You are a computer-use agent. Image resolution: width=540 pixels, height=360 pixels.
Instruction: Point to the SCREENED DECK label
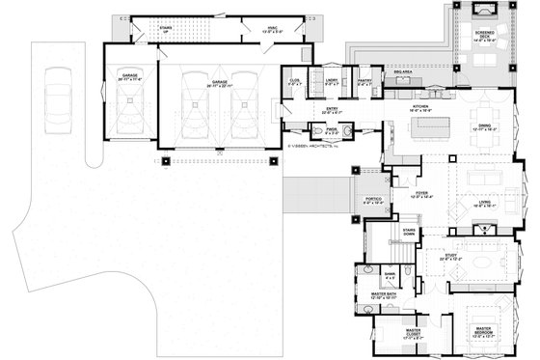click(479, 39)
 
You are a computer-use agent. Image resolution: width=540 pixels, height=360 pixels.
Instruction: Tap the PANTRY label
click(364, 82)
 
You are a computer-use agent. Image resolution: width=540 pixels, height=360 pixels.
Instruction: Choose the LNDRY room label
click(331, 82)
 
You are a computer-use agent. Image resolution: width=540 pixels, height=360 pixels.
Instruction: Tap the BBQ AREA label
click(403, 71)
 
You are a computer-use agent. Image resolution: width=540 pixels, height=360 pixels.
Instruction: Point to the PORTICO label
click(372, 202)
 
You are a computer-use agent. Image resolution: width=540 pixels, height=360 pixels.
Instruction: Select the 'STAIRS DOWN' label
click(408, 233)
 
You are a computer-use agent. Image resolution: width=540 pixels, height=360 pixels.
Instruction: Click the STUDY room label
click(450, 258)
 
